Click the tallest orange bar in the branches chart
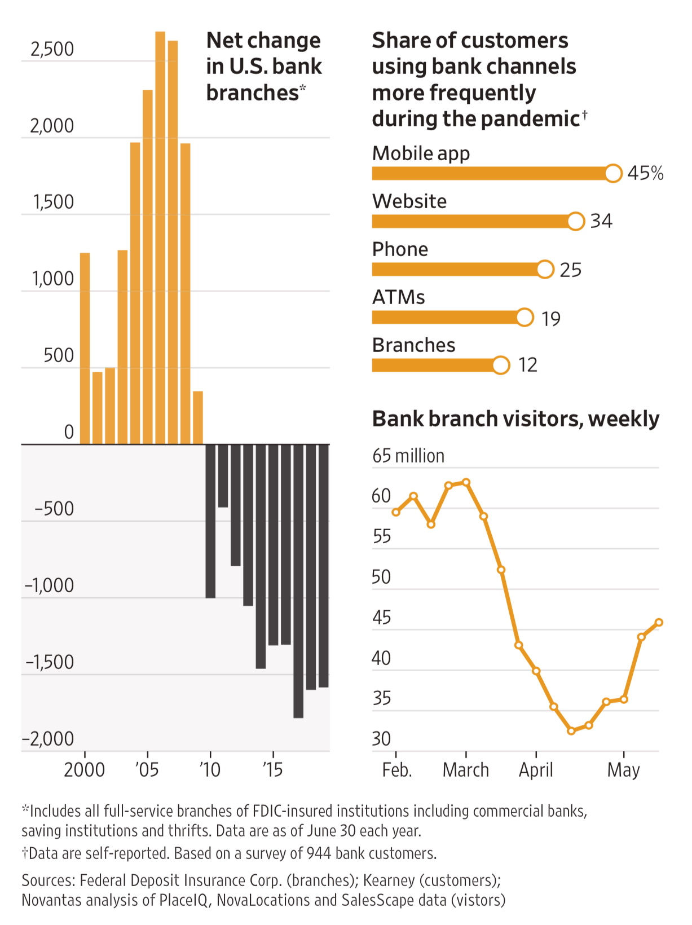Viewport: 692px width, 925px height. (x=160, y=237)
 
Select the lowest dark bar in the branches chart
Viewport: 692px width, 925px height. (x=298, y=581)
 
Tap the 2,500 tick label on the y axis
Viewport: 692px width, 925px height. (x=52, y=50)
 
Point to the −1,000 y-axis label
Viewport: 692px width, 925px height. (x=50, y=585)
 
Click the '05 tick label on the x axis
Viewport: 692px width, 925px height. (x=147, y=770)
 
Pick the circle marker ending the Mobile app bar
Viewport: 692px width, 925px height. (x=613, y=173)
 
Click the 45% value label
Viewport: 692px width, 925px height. (x=645, y=173)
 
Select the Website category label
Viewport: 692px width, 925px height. (x=409, y=201)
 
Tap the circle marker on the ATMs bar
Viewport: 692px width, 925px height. (x=524, y=318)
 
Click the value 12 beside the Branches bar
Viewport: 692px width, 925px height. (x=528, y=365)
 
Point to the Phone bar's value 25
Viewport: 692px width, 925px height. (x=570, y=270)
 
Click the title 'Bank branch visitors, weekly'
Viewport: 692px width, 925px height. (x=515, y=419)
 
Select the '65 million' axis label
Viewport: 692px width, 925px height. (x=408, y=456)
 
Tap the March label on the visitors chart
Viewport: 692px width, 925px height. (x=466, y=770)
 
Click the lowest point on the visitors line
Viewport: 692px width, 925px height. (x=571, y=731)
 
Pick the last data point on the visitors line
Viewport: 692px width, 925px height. (x=659, y=623)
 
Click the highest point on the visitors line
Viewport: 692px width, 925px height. (x=466, y=482)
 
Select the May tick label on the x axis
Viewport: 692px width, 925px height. (x=623, y=770)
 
